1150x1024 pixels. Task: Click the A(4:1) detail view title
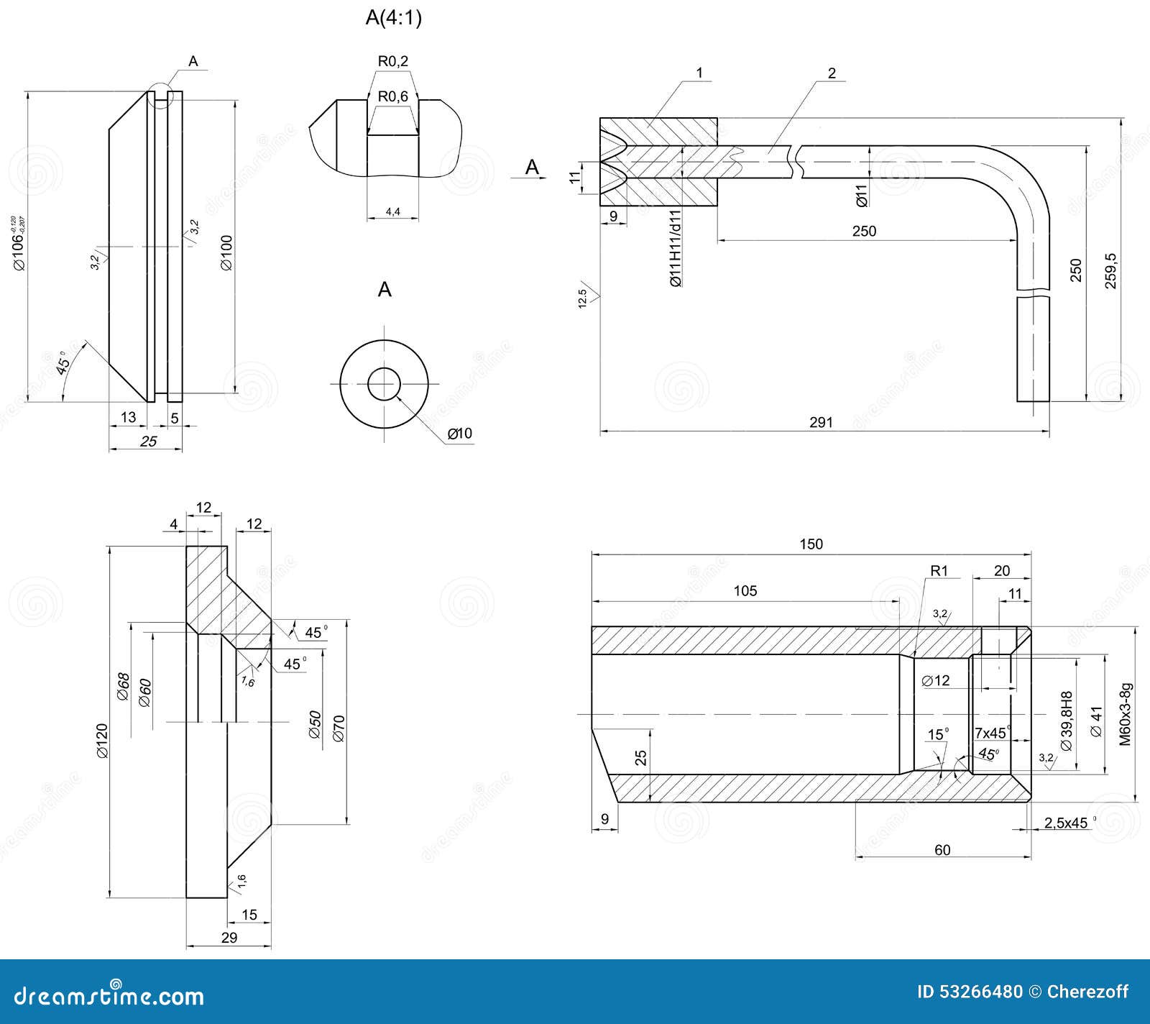point(393,17)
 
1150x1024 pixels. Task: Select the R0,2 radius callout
point(392,61)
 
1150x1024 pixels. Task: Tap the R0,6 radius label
point(392,96)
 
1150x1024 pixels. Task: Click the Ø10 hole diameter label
point(459,433)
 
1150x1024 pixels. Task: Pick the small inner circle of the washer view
point(384,384)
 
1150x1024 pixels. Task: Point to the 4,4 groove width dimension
point(392,211)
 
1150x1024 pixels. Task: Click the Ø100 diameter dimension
point(226,252)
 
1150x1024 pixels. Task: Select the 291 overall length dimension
point(821,422)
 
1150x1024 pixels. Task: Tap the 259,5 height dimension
point(1110,271)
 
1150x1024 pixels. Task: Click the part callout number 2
point(832,73)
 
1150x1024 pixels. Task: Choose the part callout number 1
point(699,73)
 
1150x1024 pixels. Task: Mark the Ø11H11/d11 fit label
point(675,249)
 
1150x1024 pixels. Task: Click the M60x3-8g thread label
point(1126,713)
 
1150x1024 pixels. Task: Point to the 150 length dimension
point(811,544)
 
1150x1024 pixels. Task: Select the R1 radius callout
point(939,571)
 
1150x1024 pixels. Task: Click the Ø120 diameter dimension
point(101,741)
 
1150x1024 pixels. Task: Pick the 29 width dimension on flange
point(229,938)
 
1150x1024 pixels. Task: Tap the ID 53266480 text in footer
point(970,992)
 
